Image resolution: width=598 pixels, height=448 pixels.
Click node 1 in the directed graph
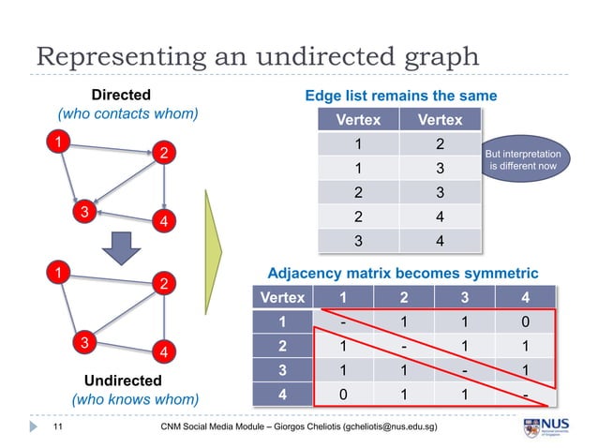(x=59, y=142)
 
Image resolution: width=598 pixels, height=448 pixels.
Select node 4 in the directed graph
(x=165, y=221)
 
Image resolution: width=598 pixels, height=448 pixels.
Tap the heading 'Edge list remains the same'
(x=400, y=96)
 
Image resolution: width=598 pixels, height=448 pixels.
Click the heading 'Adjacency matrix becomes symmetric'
(x=403, y=273)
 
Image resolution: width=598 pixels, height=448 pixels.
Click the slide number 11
(x=56, y=427)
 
